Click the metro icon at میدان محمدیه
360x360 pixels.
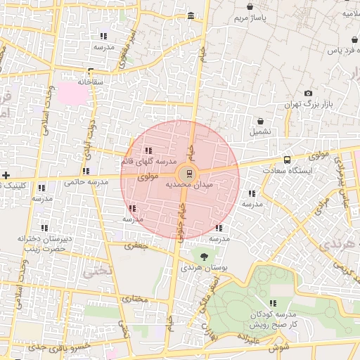click(188, 173)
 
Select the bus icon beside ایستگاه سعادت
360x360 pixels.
click(286, 160)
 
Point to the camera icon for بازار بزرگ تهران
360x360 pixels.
click(308, 94)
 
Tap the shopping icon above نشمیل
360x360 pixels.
click(260, 121)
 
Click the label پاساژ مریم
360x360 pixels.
click(251, 18)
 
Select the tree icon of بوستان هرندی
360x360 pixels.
click(205, 257)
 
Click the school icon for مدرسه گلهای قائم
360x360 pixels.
click(148, 150)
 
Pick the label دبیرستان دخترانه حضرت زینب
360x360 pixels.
click(44, 244)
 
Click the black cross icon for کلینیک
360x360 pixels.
click(6, 174)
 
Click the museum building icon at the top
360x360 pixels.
click(191, 16)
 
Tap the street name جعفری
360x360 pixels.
click(134, 246)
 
